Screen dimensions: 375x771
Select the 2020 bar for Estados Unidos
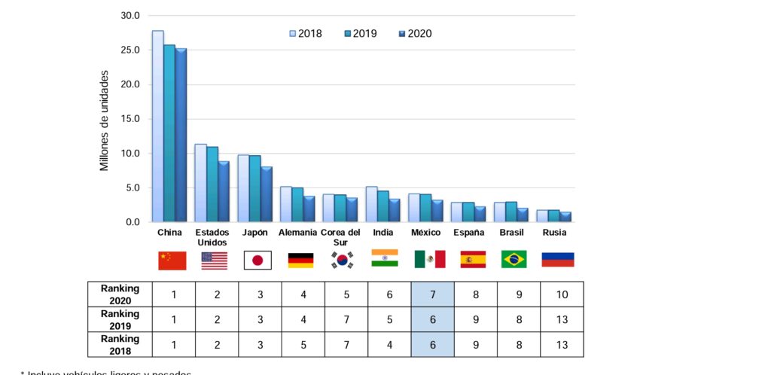[224, 192]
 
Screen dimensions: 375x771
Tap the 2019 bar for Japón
[255, 189]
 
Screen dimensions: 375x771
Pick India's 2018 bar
[372, 205]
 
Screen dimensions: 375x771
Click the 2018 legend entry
[305, 34]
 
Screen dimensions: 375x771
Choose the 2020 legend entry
[415, 34]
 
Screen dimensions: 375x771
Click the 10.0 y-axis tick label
[130, 154]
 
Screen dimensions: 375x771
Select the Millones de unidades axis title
[105, 120]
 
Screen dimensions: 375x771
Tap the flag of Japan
[258, 260]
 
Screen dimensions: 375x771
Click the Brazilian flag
[514, 259]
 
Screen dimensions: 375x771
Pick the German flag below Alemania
[300, 260]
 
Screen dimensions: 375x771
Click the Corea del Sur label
[340, 237]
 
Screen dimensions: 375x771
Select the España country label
[468, 233]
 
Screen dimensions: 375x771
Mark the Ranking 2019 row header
[120, 319]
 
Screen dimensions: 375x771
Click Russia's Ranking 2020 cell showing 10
[562, 294]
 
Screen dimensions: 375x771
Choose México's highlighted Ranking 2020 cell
[432, 294]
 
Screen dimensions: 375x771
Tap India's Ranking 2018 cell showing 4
[389, 345]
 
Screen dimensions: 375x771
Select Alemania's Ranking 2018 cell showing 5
[303, 345]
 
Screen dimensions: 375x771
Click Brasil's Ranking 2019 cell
[519, 319]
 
